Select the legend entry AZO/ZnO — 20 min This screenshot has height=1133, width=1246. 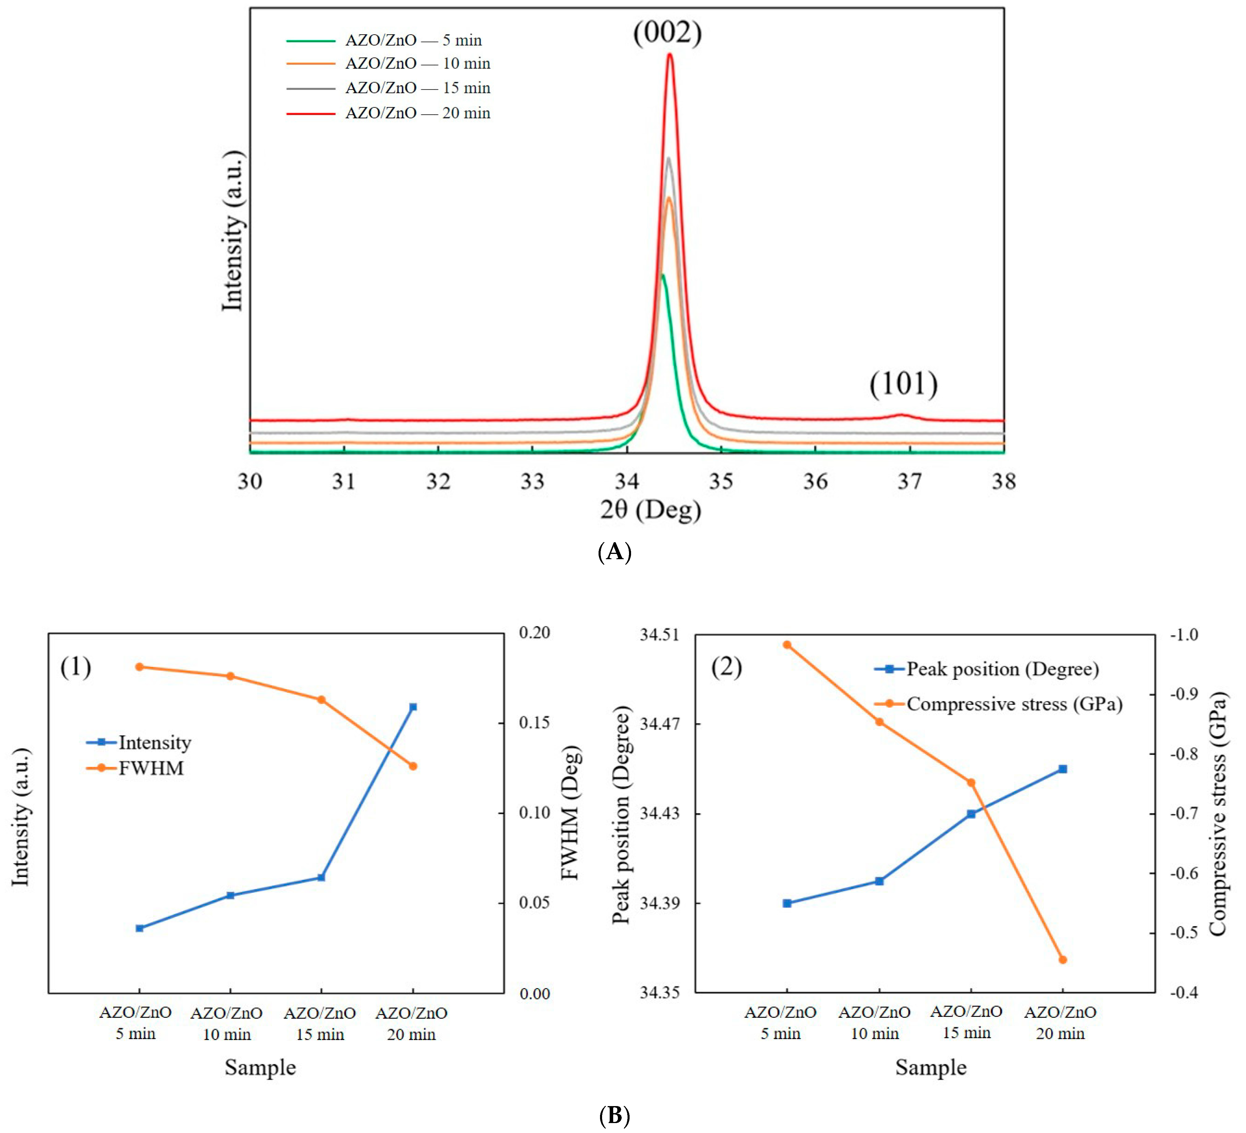click(417, 113)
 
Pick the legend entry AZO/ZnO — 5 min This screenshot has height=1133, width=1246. click(413, 40)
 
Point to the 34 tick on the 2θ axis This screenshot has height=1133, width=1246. click(627, 481)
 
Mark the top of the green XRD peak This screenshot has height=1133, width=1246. click(663, 275)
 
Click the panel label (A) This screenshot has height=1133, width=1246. click(614, 551)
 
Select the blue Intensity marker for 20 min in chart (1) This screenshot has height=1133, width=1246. click(414, 707)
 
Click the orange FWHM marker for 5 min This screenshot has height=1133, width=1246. click(140, 667)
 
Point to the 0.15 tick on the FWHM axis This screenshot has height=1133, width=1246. click(534, 722)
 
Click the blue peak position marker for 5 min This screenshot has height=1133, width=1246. click(787, 903)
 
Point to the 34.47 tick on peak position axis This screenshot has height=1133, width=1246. click(658, 723)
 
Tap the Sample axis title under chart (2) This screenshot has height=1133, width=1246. click(931, 1067)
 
